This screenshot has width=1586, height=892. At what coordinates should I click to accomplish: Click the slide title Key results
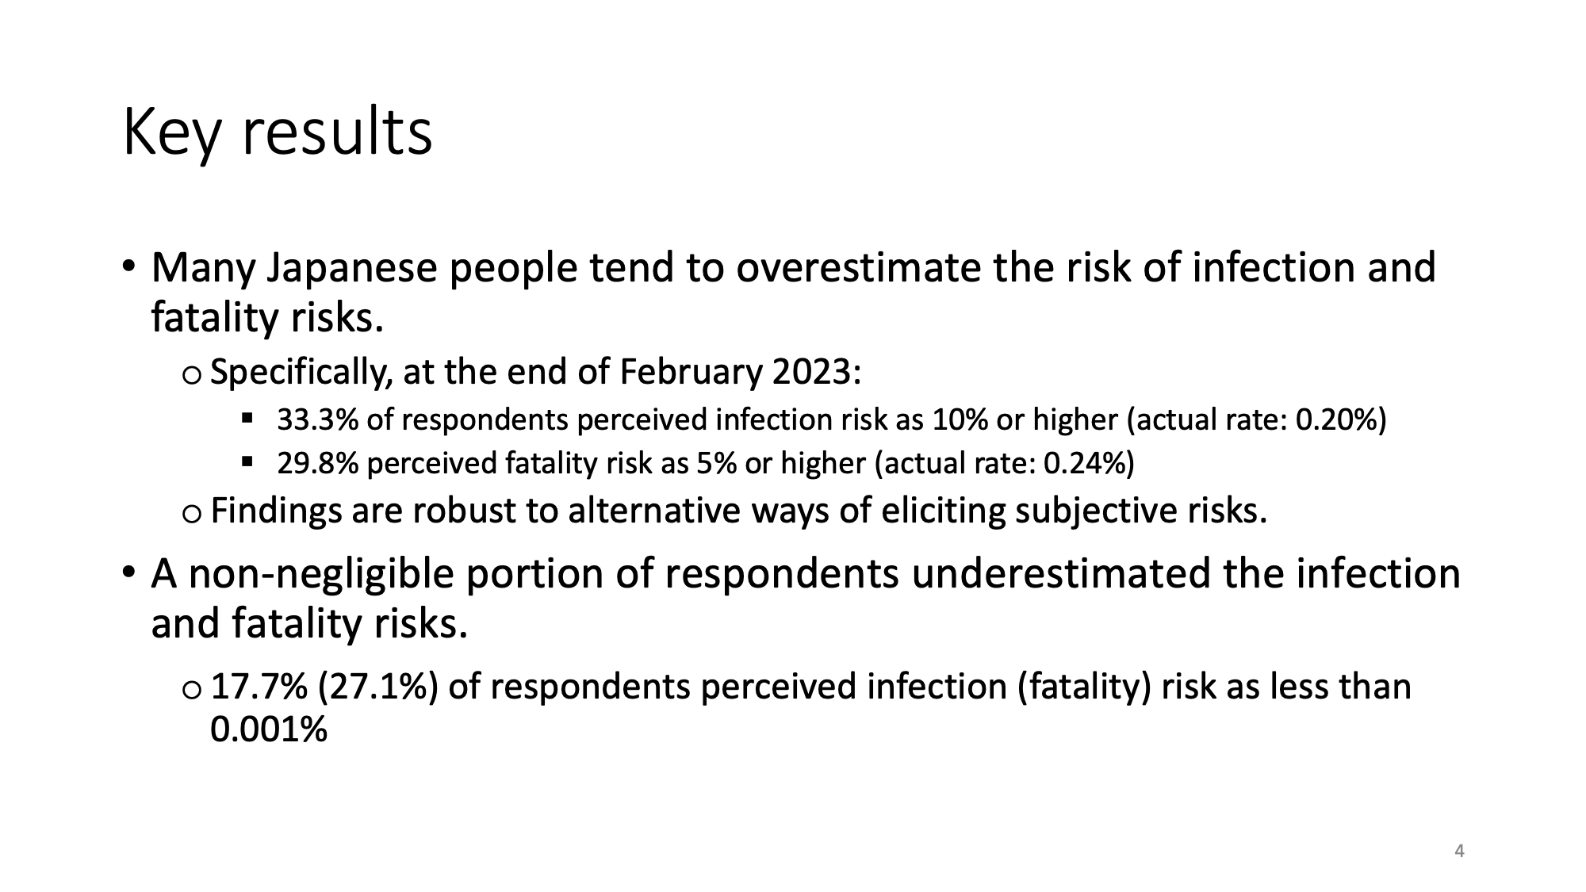(x=278, y=132)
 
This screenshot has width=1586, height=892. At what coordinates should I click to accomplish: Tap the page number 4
(x=1459, y=852)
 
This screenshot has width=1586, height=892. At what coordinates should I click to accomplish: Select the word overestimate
(x=857, y=267)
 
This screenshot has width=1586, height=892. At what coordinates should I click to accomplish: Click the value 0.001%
(x=269, y=729)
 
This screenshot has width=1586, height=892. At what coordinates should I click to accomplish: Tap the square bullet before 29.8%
(x=247, y=461)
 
